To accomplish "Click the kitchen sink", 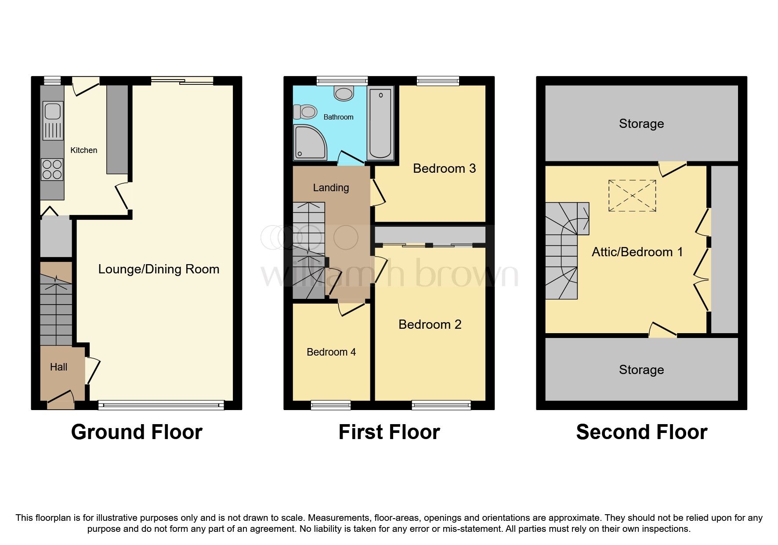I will coord(53,112).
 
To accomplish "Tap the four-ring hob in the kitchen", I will coord(52,170).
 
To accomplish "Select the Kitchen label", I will coord(83,150).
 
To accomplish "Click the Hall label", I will coord(58,367).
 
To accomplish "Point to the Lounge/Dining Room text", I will coord(159,269).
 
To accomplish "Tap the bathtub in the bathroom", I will coord(380,123).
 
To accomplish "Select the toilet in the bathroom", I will coord(305,112).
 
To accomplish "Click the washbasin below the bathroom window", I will coord(344,94).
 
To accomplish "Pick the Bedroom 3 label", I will coord(444,168).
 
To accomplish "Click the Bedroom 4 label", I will coord(331,352).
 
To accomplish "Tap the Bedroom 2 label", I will coord(430,324).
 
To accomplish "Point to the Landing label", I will coord(331,188).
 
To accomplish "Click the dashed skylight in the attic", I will coord(632,196).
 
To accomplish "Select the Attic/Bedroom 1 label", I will coord(637,252).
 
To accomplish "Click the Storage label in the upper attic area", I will coord(641,124).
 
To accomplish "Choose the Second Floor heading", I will coord(641,432).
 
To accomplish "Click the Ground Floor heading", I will coord(137,432).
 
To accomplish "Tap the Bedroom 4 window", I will coord(331,405).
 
